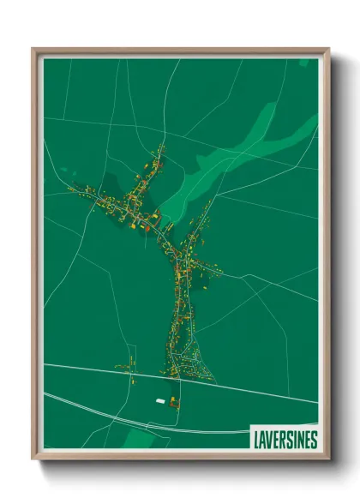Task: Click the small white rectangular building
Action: click(x=159, y=399)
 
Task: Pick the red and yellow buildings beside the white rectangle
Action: click(x=174, y=400)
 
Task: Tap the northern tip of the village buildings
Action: click(x=161, y=147)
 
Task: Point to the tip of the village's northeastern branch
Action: click(x=210, y=202)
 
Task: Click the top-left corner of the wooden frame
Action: click(x=33, y=50)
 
